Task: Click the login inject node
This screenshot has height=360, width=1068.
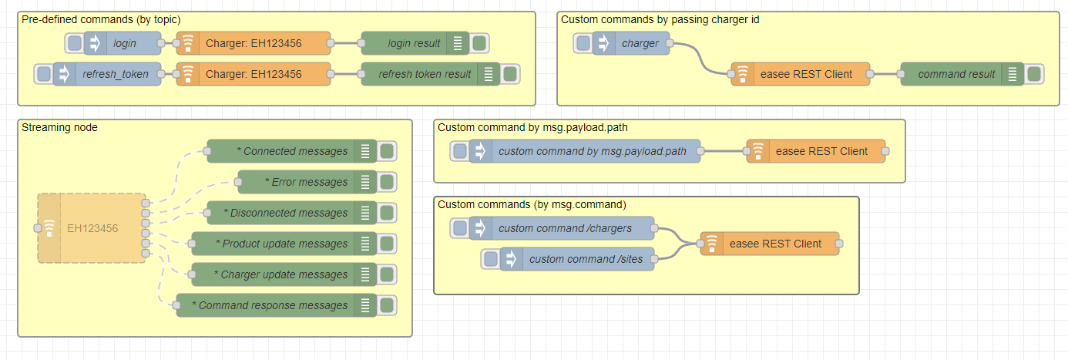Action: pos(123,43)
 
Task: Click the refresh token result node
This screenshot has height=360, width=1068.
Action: pos(424,74)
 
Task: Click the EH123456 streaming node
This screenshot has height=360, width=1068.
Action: pos(92,228)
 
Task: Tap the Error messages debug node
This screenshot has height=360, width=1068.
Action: pos(309,182)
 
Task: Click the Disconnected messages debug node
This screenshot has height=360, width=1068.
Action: pos(285,213)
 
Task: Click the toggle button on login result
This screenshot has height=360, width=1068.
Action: pos(479,43)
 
